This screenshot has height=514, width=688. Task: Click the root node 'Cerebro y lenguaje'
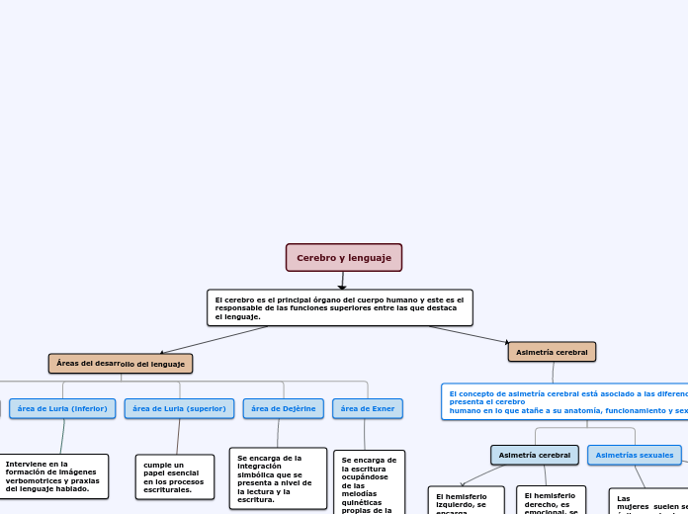(x=344, y=258)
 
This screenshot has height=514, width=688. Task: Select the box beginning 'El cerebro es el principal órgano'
(x=339, y=307)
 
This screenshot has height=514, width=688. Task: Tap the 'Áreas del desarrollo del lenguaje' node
(x=121, y=364)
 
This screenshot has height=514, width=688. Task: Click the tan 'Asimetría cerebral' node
(x=552, y=352)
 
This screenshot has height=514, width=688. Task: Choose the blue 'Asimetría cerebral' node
(x=534, y=455)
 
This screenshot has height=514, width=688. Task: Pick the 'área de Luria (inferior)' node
(x=62, y=408)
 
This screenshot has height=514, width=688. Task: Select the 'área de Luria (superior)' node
(x=179, y=408)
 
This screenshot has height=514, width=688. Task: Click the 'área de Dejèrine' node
(x=283, y=408)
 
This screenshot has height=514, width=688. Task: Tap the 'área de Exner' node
(x=367, y=408)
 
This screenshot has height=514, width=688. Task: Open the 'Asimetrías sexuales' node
(x=634, y=455)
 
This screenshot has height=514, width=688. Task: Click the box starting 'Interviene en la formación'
(x=54, y=476)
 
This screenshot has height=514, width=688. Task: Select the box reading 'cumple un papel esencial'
(x=175, y=476)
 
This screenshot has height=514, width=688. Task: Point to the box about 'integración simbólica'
(x=278, y=478)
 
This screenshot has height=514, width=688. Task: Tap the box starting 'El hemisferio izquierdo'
(x=466, y=500)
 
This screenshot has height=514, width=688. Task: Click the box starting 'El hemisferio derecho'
(x=551, y=500)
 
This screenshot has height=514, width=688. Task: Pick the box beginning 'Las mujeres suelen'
(x=648, y=501)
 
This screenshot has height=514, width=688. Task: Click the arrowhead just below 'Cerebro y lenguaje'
(x=342, y=287)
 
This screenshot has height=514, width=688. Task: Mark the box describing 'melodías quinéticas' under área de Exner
(x=369, y=484)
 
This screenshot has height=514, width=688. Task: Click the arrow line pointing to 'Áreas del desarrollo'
(x=213, y=339)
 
